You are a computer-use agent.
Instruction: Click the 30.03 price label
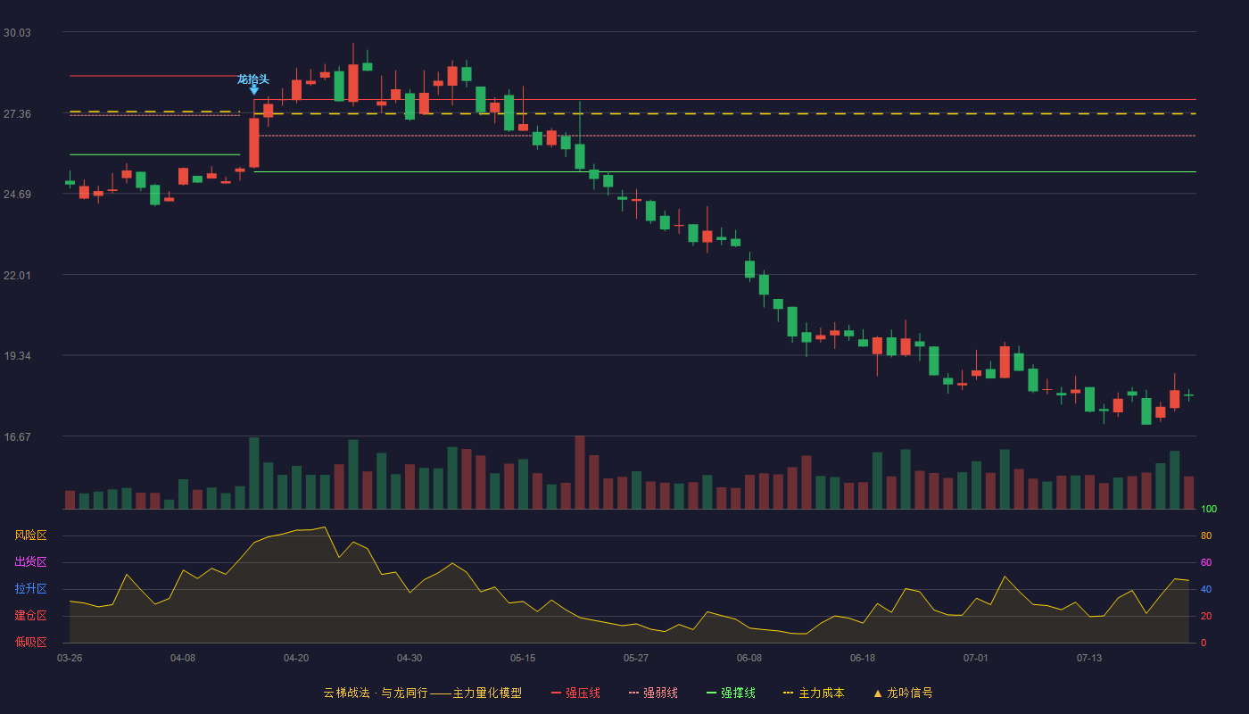click(x=17, y=33)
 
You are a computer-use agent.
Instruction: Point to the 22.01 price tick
click(x=17, y=276)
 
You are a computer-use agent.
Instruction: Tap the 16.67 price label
click(x=17, y=436)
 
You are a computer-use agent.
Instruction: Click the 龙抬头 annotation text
click(x=253, y=79)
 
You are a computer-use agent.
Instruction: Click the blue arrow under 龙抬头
click(x=253, y=90)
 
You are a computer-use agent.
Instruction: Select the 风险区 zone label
click(x=30, y=535)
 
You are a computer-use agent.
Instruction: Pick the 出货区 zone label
click(x=30, y=561)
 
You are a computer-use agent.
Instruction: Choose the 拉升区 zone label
click(x=30, y=588)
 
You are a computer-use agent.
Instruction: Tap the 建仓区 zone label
click(x=30, y=615)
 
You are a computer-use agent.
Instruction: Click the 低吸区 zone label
click(x=30, y=642)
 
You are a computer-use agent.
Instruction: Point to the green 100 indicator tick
click(x=1209, y=509)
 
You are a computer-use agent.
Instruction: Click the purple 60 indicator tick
click(x=1206, y=562)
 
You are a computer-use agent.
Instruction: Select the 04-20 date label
click(x=296, y=659)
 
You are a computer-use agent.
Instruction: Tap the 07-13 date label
click(x=1089, y=659)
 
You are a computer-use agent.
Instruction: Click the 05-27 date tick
click(x=635, y=659)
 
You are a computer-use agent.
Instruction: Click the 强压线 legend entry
click(x=575, y=693)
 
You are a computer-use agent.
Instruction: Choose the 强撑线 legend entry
click(x=731, y=693)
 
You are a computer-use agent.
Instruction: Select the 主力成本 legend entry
click(x=814, y=693)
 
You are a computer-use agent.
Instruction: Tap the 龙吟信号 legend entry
click(x=903, y=693)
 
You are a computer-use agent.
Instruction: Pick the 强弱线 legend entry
click(x=653, y=693)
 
